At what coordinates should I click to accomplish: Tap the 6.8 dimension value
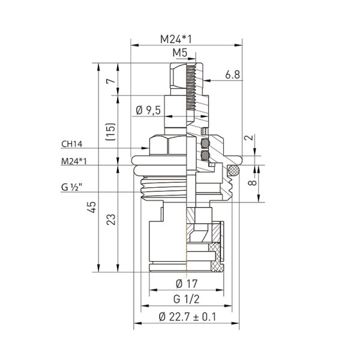click(233, 74)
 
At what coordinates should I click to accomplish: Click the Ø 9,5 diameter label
click(148, 110)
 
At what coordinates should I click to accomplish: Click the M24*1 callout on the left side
click(74, 161)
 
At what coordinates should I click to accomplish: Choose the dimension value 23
click(110, 220)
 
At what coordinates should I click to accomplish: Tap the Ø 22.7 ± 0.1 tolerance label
click(187, 316)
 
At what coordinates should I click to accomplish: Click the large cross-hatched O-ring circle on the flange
click(234, 170)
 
